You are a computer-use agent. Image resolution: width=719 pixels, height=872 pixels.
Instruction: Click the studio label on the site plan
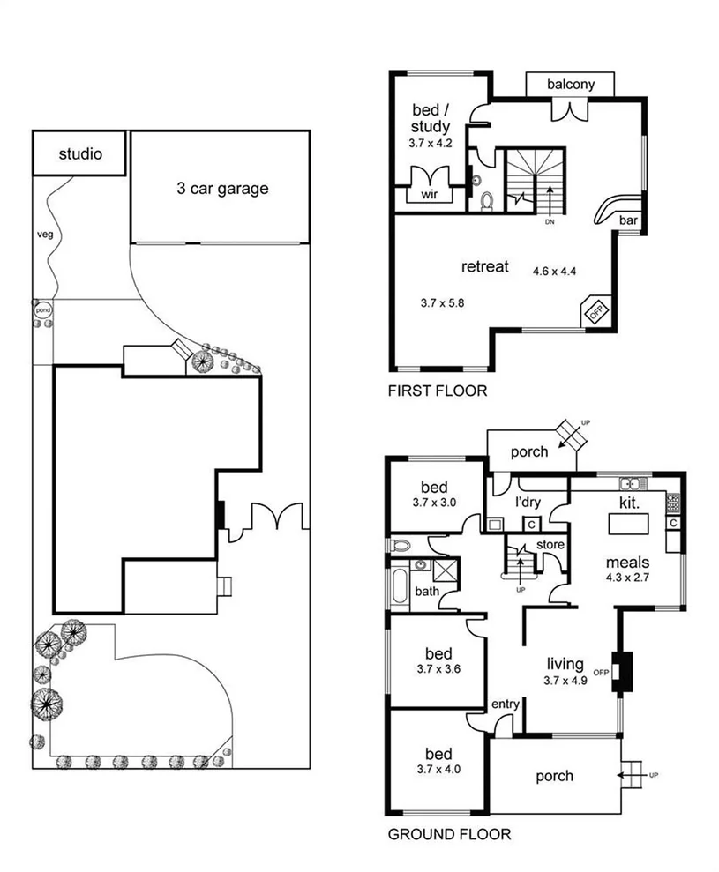(x=80, y=154)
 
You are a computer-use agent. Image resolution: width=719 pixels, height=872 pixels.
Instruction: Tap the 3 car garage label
(x=221, y=188)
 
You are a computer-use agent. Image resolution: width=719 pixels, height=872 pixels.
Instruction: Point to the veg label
(x=43, y=235)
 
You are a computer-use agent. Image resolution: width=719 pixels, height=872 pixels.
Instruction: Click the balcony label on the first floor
(x=571, y=85)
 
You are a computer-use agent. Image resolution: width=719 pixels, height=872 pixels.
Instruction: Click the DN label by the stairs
(x=549, y=221)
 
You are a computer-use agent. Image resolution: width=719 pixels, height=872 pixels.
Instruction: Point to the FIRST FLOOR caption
(x=437, y=391)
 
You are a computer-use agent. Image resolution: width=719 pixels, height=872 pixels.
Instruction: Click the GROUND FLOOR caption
(x=449, y=833)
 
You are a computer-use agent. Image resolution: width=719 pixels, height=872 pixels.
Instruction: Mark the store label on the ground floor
(x=550, y=545)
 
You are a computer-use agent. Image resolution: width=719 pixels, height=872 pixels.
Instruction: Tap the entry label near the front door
(x=506, y=703)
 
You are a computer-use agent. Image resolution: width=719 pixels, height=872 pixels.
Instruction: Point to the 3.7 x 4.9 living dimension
(x=565, y=680)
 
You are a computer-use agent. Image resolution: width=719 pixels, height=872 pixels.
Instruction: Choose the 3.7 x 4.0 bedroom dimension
(x=438, y=770)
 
